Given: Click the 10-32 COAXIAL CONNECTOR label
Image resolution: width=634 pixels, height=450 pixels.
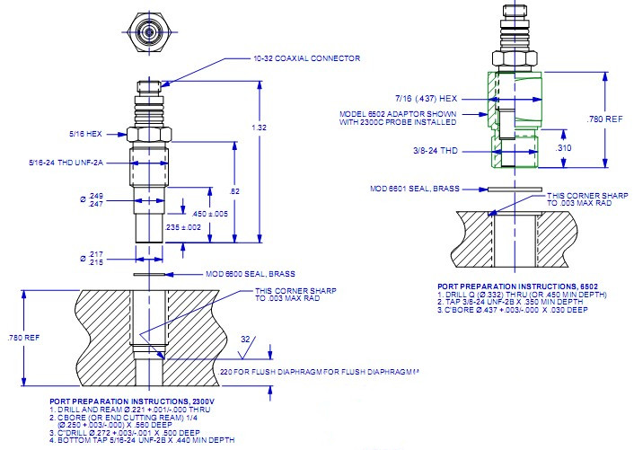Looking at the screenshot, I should coord(306,58).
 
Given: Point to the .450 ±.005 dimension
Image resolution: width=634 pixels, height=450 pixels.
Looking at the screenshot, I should coord(212,214).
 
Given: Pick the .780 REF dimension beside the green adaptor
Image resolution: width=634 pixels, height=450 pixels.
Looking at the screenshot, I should coord(603,118).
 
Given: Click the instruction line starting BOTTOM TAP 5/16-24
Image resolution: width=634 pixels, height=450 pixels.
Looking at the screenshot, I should coord(144,440).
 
